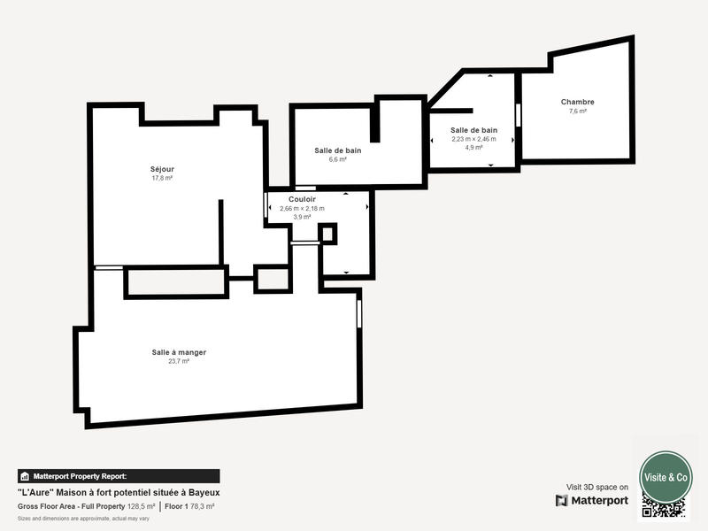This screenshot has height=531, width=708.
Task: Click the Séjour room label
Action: (162, 168)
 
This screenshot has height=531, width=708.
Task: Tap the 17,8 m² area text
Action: (162, 178)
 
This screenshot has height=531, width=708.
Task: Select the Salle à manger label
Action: (179, 352)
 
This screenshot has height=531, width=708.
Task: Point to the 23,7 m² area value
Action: (179, 361)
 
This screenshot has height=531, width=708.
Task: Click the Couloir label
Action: (302, 199)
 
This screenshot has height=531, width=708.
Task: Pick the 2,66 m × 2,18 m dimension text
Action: (302, 209)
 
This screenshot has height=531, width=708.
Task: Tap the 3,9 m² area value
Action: (302, 217)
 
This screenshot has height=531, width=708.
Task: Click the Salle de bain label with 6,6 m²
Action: (337, 150)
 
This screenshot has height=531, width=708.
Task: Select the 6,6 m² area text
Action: (337, 160)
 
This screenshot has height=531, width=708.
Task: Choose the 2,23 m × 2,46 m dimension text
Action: (473, 139)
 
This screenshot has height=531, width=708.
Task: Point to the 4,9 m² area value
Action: (473, 148)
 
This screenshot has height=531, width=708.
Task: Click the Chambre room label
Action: (577, 102)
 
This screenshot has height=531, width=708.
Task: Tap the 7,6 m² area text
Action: (577, 112)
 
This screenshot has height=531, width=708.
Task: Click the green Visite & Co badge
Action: (666, 477)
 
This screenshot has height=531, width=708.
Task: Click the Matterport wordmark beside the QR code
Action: (592, 501)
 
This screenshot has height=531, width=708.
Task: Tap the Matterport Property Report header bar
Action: (119, 476)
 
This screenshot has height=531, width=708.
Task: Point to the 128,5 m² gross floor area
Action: (136, 506)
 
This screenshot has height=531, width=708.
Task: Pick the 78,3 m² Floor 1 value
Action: (203, 506)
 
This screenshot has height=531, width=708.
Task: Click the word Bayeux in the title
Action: (203, 492)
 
